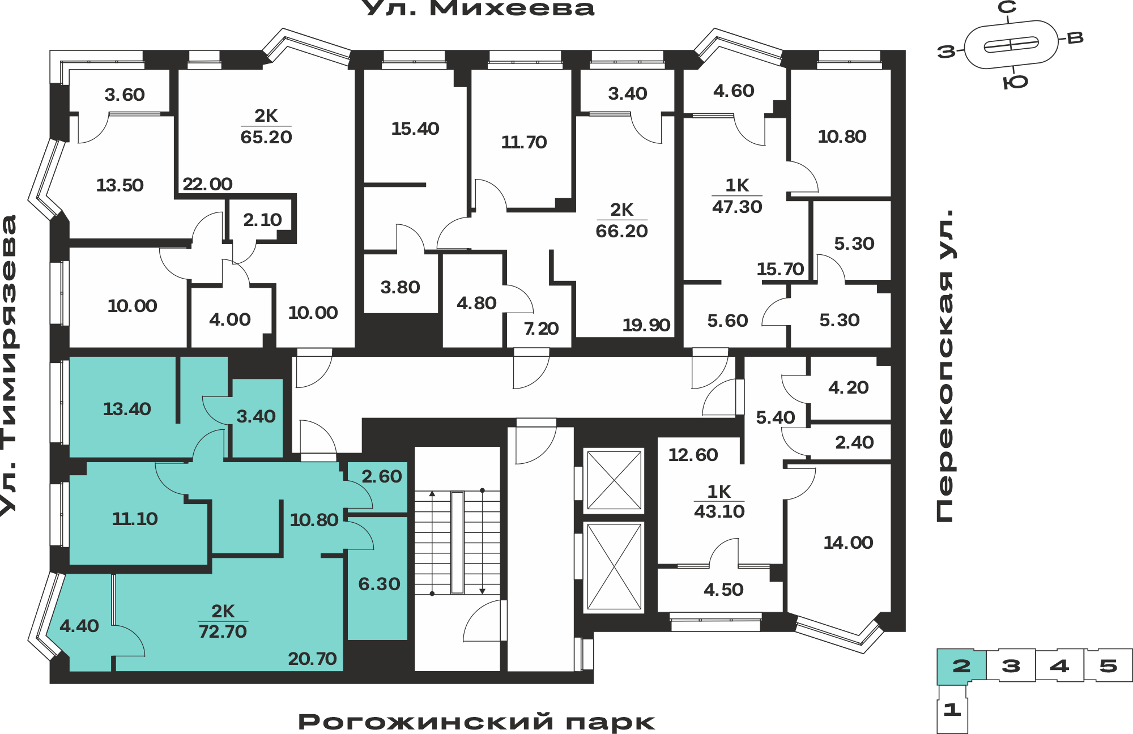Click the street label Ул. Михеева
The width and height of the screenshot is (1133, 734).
coord(478,8)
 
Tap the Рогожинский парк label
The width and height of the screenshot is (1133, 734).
coord(476,722)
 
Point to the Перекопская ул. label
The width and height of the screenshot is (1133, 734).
coord(944,365)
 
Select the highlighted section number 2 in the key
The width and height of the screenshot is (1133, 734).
coord(961,666)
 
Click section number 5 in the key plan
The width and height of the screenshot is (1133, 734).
coord(1108,666)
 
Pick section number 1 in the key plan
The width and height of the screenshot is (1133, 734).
coord(952,709)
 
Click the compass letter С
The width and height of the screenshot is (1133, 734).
coord(1007,7)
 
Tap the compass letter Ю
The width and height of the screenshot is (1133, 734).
coord(1015,83)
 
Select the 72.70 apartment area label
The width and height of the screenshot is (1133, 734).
coord(223,631)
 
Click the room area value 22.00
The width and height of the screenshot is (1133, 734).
coord(207,184)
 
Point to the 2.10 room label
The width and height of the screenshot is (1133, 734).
coord(262,220)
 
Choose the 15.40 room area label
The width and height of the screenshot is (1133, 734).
coord(415,129)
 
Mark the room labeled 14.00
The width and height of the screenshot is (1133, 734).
coord(848,543)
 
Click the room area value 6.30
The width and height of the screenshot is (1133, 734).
coord(379,584)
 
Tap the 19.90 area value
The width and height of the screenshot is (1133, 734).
coord(646,325)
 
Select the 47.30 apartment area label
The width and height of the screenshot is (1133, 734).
coord(737,207)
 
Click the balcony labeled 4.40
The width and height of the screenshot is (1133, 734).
coord(79,626)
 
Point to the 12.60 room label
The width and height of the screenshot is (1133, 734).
coord(693,455)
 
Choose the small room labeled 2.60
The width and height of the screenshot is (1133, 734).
coord(382,476)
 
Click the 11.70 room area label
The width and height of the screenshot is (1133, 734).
coord(524,142)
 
